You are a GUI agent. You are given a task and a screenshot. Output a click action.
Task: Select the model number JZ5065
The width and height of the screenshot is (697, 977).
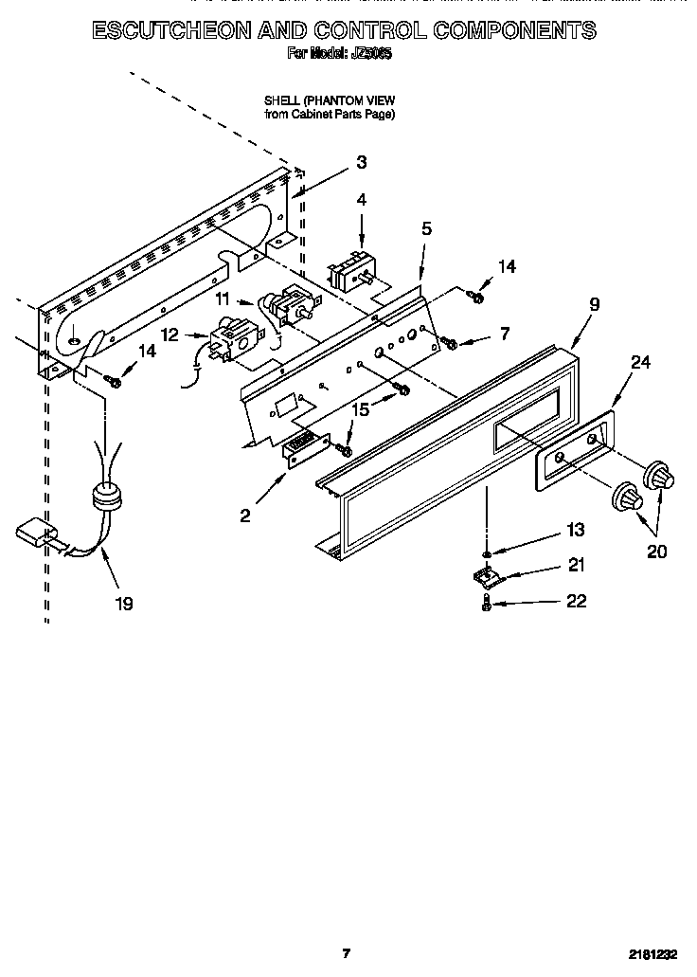[x=371, y=55]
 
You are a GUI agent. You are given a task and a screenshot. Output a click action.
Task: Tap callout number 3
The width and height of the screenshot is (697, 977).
[x=361, y=162]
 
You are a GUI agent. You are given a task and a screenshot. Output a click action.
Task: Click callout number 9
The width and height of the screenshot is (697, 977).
[x=594, y=304]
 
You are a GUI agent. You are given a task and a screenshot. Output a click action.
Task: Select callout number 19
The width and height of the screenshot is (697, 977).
[x=124, y=603]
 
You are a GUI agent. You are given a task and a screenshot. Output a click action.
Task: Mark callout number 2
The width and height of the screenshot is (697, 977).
[x=245, y=516]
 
